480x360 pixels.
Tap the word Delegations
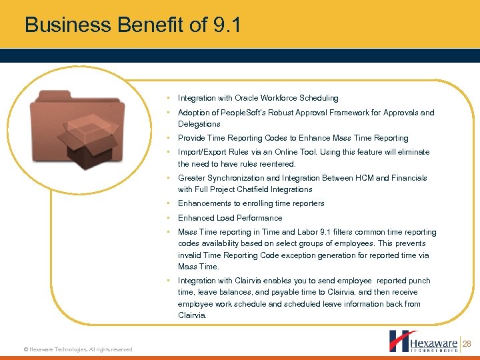tap(199, 124)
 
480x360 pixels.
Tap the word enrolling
tap(252, 203)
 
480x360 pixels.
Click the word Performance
tap(257, 218)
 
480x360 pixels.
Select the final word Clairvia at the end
tap(192, 315)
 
